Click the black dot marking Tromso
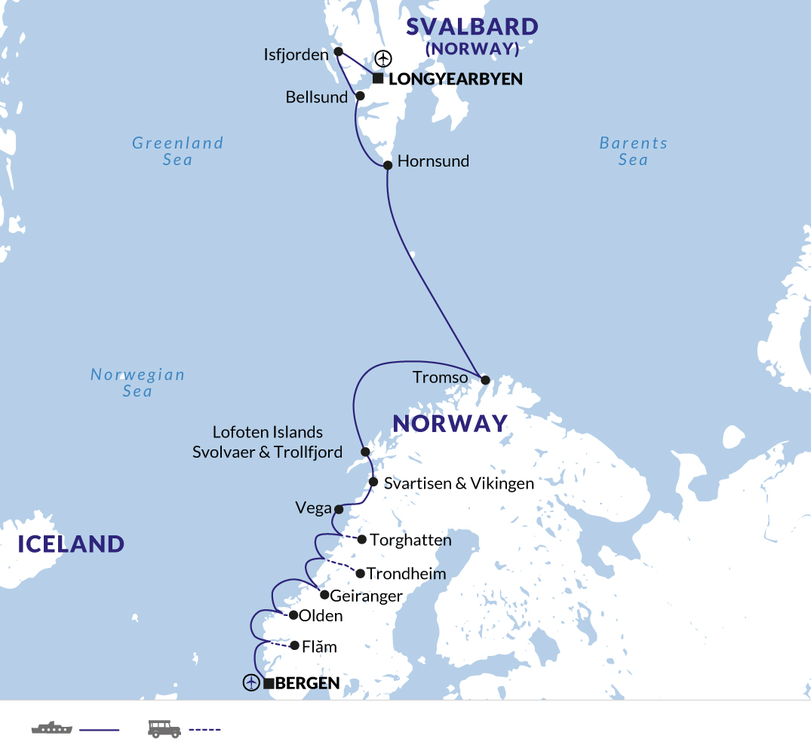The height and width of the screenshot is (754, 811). click(x=484, y=380)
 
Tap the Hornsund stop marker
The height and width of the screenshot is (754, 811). click(x=388, y=165)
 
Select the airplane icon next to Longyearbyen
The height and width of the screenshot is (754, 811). click(x=384, y=58)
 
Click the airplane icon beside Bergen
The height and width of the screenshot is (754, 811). click(x=251, y=683)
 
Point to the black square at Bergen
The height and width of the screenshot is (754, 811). click(x=269, y=684)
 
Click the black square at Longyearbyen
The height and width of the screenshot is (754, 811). click(x=377, y=78)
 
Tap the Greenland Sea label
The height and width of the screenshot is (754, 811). click(x=178, y=151)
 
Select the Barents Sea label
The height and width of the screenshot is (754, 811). click(x=634, y=151)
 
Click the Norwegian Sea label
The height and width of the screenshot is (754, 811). click(x=137, y=382)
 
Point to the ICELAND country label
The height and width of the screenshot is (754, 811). click(x=71, y=544)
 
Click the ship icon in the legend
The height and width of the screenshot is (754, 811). click(x=51, y=728)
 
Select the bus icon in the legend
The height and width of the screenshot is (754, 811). click(x=164, y=728)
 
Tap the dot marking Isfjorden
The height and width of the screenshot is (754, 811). click(x=338, y=52)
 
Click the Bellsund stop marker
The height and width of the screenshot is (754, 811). click(x=360, y=96)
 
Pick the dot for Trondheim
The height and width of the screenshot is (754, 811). click(x=360, y=573)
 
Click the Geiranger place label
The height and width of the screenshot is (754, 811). click(x=367, y=596)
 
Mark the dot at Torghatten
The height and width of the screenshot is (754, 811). click(x=361, y=539)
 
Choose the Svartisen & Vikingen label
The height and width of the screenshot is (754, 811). click(x=459, y=483)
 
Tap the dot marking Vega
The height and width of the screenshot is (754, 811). click(x=339, y=509)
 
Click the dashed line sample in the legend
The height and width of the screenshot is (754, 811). click(x=204, y=729)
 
